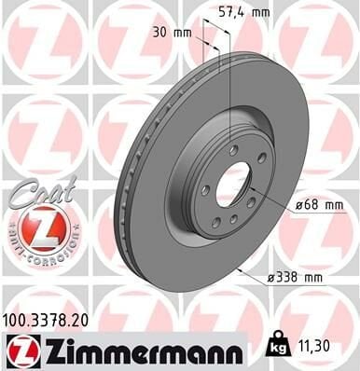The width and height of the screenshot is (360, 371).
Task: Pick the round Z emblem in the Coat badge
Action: (x=43, y=225)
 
